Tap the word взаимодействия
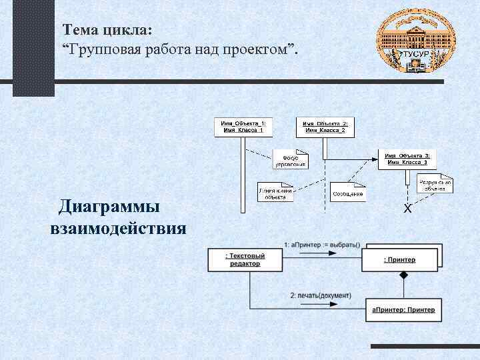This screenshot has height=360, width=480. coord(118,229)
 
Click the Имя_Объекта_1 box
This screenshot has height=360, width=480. coord(243,127)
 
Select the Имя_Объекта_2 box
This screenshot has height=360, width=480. coord(325,127)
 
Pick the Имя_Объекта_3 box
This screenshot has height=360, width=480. coord(407,159)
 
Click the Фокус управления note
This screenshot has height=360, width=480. coord(291,159)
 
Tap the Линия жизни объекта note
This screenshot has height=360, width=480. coord(275,193)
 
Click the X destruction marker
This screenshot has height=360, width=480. coord(407,209)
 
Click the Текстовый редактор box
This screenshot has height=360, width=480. coord(245,260)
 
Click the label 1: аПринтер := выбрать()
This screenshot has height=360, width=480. coord(322,244)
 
